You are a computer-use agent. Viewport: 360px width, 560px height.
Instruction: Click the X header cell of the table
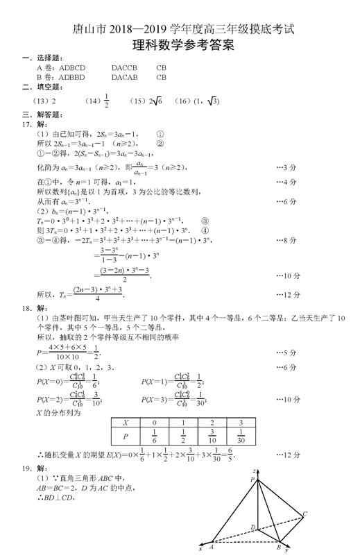(125, 421)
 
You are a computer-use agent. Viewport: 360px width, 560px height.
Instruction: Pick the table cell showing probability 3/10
(209, 436)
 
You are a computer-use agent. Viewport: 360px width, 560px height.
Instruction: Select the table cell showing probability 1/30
(239, 436)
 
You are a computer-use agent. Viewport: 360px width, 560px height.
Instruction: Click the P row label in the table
(125, 436)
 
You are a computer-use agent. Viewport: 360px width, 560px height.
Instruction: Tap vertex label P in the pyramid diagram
(252, 480)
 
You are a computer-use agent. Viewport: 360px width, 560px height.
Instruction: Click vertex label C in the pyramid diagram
(305, 514)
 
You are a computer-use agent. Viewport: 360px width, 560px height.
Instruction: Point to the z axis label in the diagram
(255, 469)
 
